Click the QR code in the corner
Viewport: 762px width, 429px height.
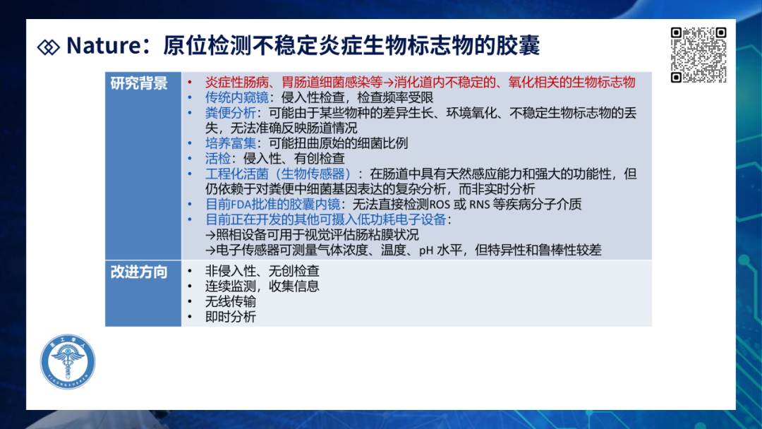coord(698,55)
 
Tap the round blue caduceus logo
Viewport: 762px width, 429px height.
coord(68,361)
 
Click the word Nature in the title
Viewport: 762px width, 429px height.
coord(104,45)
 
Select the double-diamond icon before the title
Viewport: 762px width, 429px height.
coord(49,47)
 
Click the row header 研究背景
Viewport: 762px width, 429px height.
coord(139,83)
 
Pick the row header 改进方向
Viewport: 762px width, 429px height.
coord(139,272)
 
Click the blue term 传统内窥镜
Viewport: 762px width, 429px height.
coord(236,97)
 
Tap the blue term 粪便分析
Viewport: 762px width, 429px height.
coord(230,113)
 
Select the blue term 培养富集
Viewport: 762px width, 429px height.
coord(230,143)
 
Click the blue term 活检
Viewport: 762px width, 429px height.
coord(218,158)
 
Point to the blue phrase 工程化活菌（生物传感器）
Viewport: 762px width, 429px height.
coord(278,174)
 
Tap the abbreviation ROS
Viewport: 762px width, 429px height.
coord(440,205)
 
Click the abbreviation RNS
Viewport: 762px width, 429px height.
coord(479,205)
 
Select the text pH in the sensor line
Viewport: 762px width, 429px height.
coord(425,250)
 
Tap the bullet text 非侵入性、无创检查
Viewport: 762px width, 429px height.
coord(262,271)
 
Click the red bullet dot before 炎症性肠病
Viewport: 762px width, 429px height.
coord(190,83)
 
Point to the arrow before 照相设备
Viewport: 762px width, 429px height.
coord(210,236)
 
